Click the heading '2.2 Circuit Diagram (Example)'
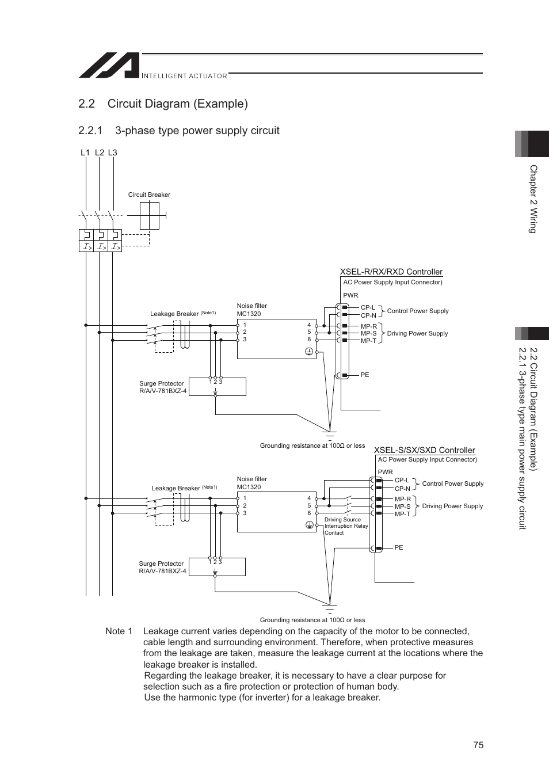coord(163,104)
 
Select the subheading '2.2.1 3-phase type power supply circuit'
coord(179,131)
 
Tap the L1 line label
coord(85,153)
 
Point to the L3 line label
coord(112,153)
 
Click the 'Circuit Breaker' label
coord(149,195)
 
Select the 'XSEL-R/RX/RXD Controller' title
coord(391,272)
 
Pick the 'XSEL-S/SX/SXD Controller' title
coord(424,450)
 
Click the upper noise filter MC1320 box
coord(276,340)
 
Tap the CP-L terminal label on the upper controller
coord(368,308)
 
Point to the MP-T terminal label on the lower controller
coord(402,514)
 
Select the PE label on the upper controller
coord(364,375)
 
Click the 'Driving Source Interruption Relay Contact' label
coord(345,526)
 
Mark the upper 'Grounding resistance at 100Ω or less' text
coord(312,445)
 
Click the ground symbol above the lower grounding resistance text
coord(329,609)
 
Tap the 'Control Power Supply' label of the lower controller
coord(452,483)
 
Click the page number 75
coord(478,745)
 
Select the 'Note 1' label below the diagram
coord(119,631)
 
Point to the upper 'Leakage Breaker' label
coord(174,314)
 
